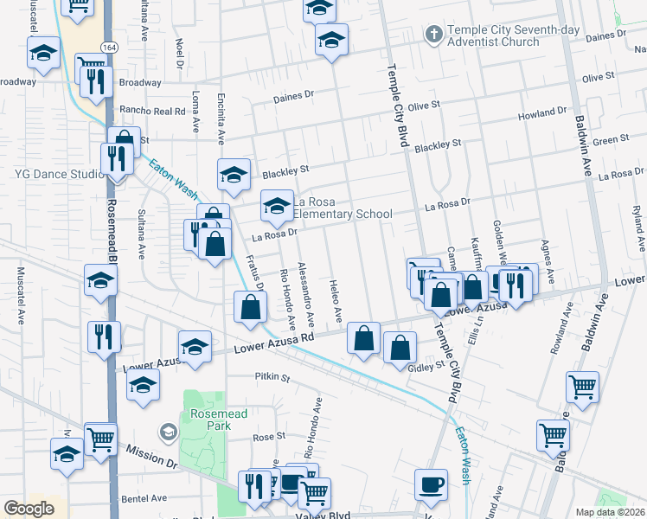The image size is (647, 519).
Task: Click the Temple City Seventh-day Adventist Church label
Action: pyautogui.click(x=503, y=35)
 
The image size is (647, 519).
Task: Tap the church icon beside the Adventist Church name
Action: pyautogui.click(x=433, y=35)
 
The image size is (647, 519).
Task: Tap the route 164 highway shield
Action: pyautogui.click(x=108, y=47)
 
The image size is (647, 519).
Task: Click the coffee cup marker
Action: pyautogui.click(x=431, y=485)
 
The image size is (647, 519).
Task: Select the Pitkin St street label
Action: pyautogui.click(x=272, y=377)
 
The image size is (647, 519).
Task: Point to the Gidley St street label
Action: pyautogui.click(x=426, y=365)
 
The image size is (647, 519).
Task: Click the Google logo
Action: pyautogui.click(x=29, y=509)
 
